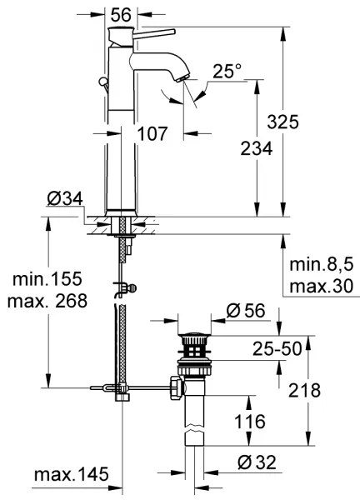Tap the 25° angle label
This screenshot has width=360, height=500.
(227, 72)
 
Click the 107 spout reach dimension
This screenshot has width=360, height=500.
(152, 132)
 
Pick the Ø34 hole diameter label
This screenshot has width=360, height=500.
(66, 199)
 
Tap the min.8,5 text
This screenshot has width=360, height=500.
(320, 265)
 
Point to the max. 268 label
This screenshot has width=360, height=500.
(47, 301)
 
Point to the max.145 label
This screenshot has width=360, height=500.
(71, 475)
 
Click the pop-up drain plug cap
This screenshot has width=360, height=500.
(196, 337)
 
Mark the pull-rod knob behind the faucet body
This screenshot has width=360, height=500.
(102, 82)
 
